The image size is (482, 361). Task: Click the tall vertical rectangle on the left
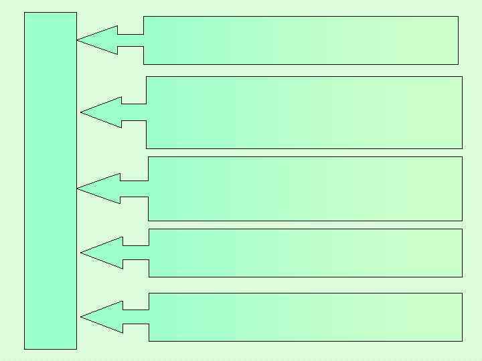point(50,180)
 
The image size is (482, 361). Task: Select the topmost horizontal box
point(301,40)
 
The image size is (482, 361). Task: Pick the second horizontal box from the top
point(305,112)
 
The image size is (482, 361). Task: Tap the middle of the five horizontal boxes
point(305,189)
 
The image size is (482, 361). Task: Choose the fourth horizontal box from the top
point(305,253)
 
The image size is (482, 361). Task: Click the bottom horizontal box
point(305,317)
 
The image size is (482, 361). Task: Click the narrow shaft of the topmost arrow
point(131,40)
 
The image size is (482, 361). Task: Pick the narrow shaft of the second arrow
point(134,112)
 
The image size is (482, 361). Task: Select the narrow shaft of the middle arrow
point(134,189)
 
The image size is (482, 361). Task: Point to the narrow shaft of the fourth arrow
point(136,253)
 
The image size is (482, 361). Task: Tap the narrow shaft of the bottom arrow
point(136,317)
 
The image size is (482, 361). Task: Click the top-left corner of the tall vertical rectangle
point(25,13)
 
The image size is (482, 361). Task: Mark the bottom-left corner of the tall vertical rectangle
point(25,349)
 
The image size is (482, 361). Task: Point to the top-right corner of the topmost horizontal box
point(458,17)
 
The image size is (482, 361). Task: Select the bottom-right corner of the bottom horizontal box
point(462,341)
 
